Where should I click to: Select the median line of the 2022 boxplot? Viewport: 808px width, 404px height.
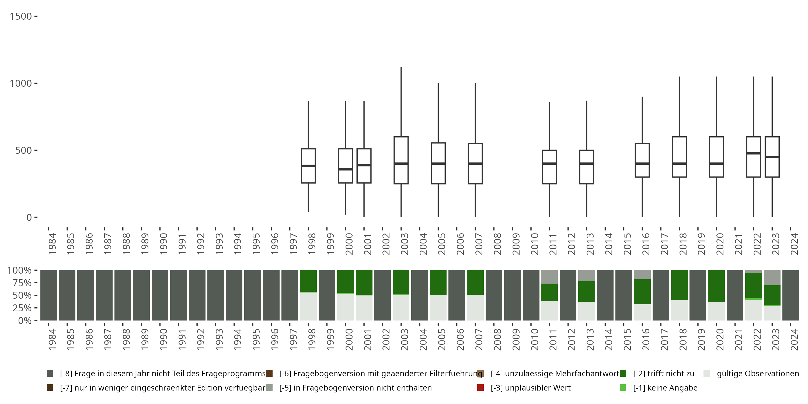753,153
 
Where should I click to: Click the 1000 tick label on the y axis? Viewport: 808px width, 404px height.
21,83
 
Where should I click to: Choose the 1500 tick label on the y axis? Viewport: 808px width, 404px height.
21,16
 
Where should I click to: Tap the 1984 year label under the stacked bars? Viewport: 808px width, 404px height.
52,339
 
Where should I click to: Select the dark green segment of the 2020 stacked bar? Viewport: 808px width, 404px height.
716,286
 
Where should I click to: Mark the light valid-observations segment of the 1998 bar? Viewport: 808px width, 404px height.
308,307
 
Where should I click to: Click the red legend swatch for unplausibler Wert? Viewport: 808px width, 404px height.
480,388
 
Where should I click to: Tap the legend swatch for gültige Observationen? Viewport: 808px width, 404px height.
707,374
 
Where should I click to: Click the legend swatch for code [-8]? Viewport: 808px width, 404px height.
50,374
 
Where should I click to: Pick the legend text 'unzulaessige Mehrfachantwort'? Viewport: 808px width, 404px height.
555,374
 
